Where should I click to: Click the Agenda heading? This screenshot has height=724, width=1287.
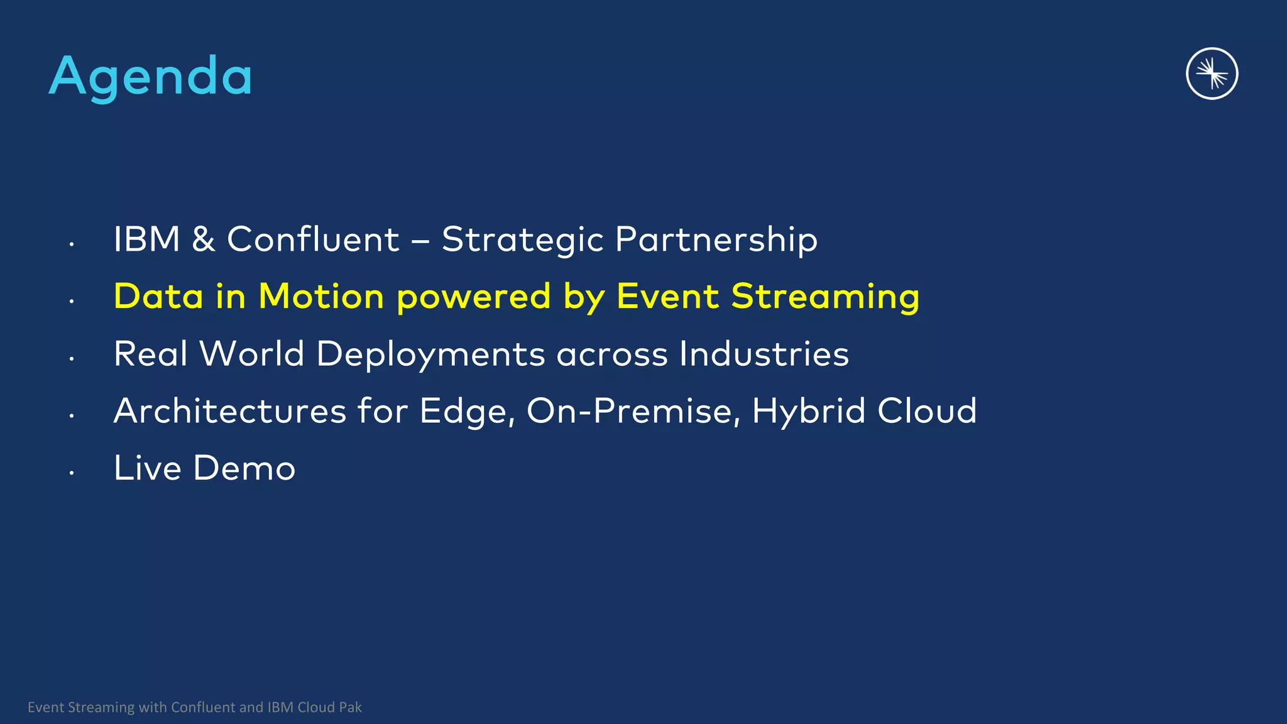pos(151,76)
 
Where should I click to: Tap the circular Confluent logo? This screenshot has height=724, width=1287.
pos(1212,74)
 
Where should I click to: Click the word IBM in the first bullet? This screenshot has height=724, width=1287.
pos(147,239)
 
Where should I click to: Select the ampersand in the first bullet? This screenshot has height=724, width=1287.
pos(204,239)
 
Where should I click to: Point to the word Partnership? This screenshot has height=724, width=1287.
pos(716,239)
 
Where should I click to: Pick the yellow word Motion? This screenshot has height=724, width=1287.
pos(321,296)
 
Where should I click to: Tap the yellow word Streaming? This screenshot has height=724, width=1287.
pos(825,297)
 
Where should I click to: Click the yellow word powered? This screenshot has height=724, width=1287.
pos(474,297)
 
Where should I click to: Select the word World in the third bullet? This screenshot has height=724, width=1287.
pos(252,353)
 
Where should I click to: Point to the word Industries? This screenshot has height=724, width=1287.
pos(764,353)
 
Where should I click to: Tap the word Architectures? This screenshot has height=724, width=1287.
pos(230,411)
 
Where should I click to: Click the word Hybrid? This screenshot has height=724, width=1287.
pos(809,411)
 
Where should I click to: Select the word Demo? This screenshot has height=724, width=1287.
pos(244,468)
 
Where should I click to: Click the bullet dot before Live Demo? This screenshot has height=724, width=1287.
pos(72,473)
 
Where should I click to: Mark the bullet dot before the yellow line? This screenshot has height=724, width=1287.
pos(72,302)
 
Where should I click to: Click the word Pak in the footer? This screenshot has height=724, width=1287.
pos(351,707)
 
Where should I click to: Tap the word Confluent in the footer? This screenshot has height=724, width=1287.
pos(204,707)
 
